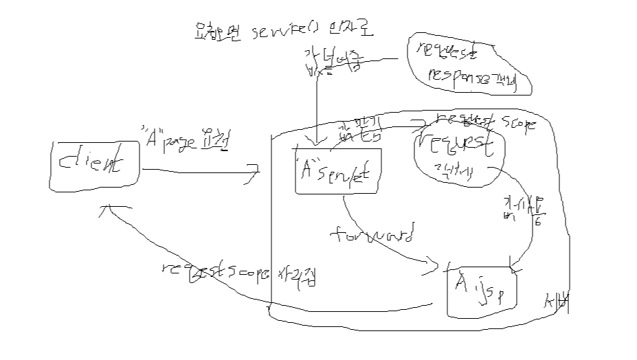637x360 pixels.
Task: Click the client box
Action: tap(96, 164)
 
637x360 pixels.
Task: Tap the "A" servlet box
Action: tap(337, 172)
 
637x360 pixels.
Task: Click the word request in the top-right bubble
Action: tap(447, 49)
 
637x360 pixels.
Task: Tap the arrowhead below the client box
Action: tap(108, 208)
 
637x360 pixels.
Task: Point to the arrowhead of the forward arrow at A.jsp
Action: tap(434, 263)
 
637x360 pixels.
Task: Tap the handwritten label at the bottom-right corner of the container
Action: tap(557, 302)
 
